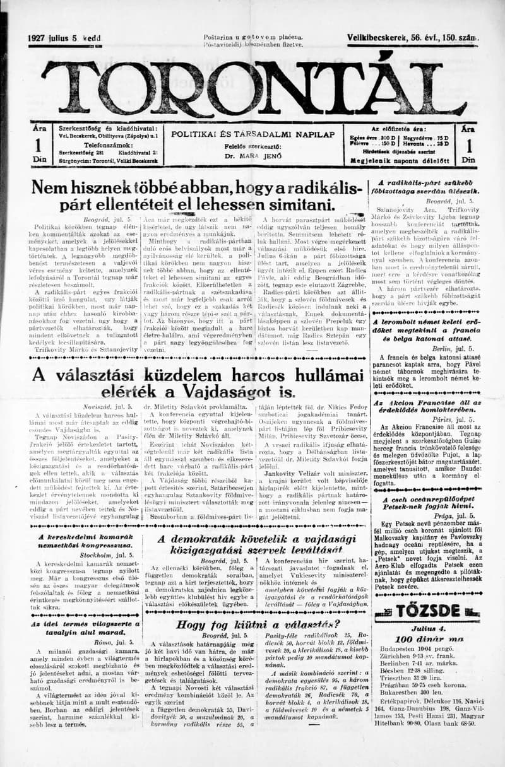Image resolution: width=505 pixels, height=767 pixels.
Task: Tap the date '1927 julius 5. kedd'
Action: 64,38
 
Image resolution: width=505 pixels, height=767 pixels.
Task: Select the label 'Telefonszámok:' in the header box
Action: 82,144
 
